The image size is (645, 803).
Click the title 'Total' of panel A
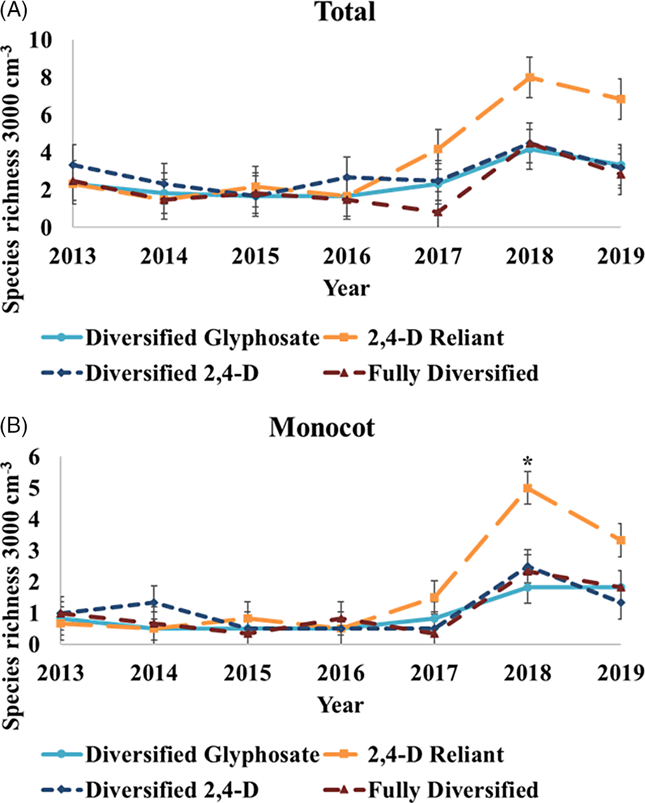[x=346, y=13]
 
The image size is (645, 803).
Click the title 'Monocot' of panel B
[x=322, y=427]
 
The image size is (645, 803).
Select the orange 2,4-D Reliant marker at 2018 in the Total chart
[x=529, y=78]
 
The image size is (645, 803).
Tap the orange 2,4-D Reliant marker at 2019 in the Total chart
[x=621, y=99]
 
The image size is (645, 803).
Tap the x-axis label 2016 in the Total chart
[x=346, y=256]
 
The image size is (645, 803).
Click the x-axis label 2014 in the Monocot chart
[x=155, y=673]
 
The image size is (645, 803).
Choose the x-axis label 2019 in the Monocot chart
[x=621, y=673]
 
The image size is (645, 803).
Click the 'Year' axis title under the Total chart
[x=346, y=288]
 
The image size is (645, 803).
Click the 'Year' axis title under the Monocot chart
[x=341, y=705]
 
